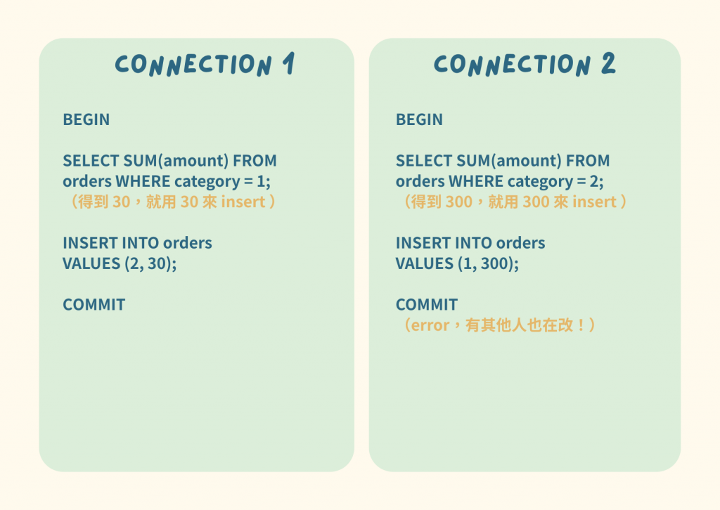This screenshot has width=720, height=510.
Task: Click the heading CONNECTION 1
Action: point(204,65)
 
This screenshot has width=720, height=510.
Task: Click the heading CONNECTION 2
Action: point(525,65)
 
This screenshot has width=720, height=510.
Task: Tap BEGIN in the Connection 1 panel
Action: point(86,119)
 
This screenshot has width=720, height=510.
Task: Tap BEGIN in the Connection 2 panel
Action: point(419,119)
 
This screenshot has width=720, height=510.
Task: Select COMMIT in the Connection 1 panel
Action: point(94,304)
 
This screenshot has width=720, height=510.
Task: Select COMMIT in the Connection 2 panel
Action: point(427,304)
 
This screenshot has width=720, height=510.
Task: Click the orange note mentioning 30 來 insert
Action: point(167,202)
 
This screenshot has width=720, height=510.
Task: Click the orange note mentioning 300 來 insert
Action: point(511,202)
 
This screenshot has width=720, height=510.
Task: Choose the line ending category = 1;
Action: point(167,181)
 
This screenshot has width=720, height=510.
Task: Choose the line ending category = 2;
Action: point(499,181)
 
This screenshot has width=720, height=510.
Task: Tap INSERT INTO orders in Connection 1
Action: point(137,243)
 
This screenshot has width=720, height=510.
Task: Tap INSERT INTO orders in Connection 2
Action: point(470,243)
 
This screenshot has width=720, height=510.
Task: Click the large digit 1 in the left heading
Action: point(288,65)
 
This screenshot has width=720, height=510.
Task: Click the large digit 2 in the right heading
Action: point(607,65)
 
